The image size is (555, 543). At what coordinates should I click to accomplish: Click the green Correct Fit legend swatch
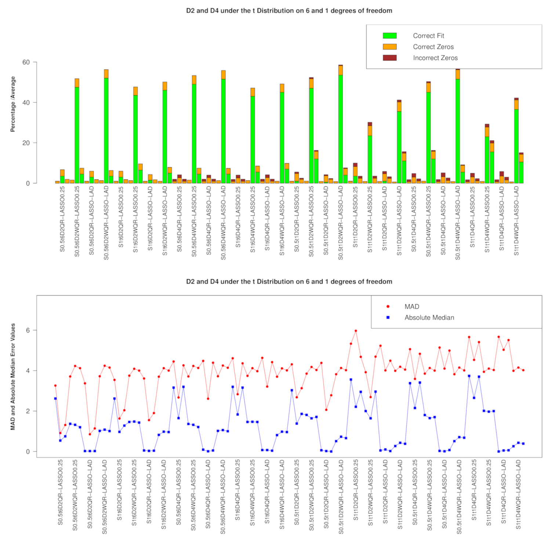[x=389, y=36]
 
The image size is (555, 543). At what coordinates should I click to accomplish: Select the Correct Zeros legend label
[x=433, y=47]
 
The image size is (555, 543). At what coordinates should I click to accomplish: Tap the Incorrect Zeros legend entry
[x=435, y=58]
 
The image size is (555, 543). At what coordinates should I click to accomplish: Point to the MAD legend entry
[x=411, y=307]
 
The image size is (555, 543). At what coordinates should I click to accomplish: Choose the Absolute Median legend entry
[x=429, y=318]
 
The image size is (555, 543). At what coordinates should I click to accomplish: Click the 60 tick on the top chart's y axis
[x=26, y=62]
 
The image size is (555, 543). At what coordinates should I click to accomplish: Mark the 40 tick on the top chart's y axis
[x=26, y=103]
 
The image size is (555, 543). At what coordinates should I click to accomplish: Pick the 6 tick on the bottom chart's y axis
[x=28, y=330]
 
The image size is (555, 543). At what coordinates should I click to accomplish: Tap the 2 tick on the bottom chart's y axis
[x=28, y=411]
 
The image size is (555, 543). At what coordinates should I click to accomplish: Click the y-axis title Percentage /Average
[x=13, y=104]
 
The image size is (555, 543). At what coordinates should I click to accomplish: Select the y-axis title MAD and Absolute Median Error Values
[x=13, y=377]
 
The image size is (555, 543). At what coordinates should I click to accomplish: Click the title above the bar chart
[x=289, y=11]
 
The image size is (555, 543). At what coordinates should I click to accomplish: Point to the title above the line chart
[x=289, y=282]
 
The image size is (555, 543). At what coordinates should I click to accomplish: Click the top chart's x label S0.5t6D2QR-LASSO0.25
[x=62, y=219]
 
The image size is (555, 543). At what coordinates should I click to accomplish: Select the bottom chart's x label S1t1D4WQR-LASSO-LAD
[x=518, y=494]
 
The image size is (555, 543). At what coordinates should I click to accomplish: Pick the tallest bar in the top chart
[x=341, y=125]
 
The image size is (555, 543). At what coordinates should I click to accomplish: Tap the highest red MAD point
[x=356, y=331]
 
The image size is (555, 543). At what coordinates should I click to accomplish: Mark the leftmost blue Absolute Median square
[x=55, y=399]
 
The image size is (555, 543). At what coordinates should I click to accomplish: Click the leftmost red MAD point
[x=55, y=386]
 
